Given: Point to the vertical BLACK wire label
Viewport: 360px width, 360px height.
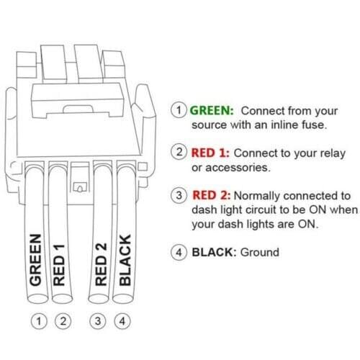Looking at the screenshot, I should (x=124, y=260).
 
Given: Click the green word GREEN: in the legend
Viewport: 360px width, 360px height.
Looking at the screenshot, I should (x=211, y=111).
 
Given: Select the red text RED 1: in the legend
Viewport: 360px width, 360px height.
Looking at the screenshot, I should (x=211, y=153).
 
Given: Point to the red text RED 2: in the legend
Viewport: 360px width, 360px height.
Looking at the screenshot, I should (x=212, y=195).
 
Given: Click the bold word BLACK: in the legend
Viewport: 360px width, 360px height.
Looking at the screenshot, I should (x=214, y=253).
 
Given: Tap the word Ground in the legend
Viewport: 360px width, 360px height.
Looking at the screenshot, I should (x=260, y=253).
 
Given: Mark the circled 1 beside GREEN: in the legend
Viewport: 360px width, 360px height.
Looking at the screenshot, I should (x=178, y=111).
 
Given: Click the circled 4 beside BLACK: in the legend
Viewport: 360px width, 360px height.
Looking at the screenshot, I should (x=178, y=253).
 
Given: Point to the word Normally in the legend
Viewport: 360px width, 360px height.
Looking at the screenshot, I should (x=257, y=195).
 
